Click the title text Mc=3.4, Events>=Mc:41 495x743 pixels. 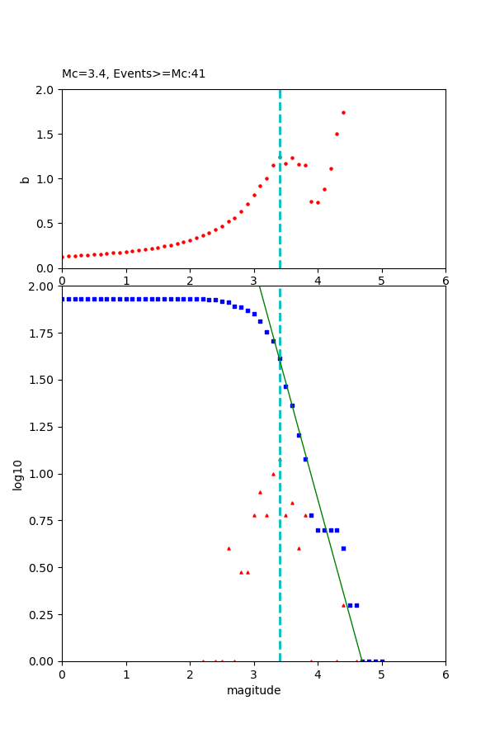[134, 74]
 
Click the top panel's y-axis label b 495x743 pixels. [26, 179]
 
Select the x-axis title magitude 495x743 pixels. [253, 690]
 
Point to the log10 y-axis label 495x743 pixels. [18, 474]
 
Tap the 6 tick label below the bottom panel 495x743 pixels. [445, 674]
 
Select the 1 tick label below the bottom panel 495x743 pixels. [126, 674]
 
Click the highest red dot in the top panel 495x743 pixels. [343, 112]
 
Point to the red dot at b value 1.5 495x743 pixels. [337, 134]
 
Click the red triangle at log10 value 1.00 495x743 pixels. [273, 474]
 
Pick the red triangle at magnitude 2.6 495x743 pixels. [229, 548]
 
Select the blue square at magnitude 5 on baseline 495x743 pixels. [382, 661]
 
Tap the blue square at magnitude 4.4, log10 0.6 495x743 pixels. [343, 548]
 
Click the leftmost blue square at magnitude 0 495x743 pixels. [63, 299]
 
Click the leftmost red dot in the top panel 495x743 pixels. [63, 257]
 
